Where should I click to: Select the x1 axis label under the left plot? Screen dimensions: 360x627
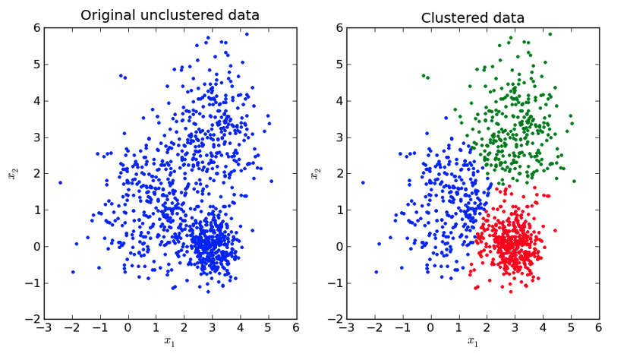[170, 341]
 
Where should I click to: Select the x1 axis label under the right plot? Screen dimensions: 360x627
[473, 341]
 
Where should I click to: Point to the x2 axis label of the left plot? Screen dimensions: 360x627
[12, 174]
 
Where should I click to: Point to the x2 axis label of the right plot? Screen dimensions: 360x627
[315, 174]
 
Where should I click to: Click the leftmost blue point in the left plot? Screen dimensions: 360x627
[60, 182]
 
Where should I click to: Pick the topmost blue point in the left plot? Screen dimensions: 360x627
[246, 34]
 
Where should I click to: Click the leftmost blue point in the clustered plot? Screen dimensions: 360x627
[363, 182]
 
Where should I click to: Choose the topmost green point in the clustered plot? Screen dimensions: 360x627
[550, 34]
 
